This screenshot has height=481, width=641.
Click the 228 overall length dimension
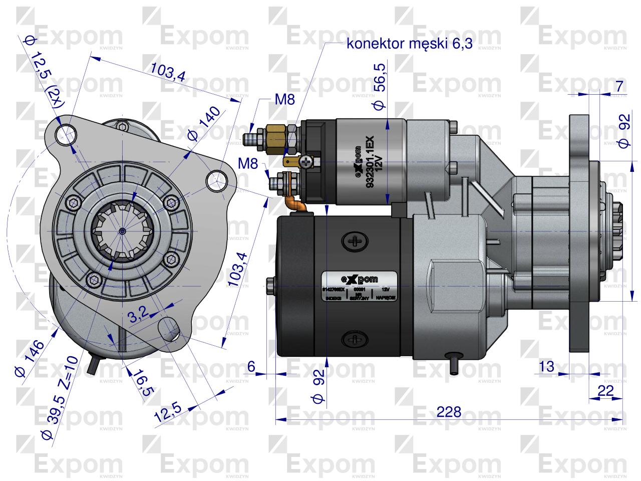click(x=449, y=412)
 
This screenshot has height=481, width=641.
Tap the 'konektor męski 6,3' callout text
click(x=409, y=44)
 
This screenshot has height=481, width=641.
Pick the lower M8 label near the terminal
click(x=249, y=163)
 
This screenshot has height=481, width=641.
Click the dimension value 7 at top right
click(x=619, y=86)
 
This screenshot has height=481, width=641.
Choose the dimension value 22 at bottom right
click(x=605, y=391)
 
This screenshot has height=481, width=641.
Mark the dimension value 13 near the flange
click(x=547, y=366)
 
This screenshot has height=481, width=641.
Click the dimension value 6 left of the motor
click(x=251, y=366)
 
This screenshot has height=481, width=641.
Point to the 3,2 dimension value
click(x=136, y=315)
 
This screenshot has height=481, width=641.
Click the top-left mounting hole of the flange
click(x=66, y=133)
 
